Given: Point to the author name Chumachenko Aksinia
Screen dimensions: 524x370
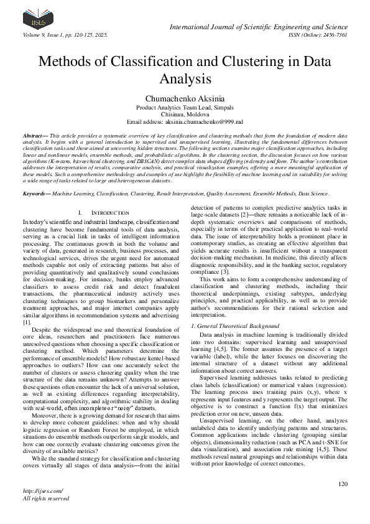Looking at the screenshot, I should [185, 98].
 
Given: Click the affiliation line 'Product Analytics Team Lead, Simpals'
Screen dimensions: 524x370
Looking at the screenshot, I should [185, 107].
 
